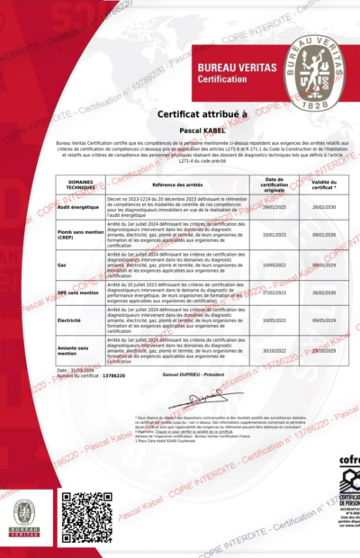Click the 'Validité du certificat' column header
coord(323,183)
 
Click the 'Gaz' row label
coord(63,265)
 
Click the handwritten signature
coord(193,399)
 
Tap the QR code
coord(86,517)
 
